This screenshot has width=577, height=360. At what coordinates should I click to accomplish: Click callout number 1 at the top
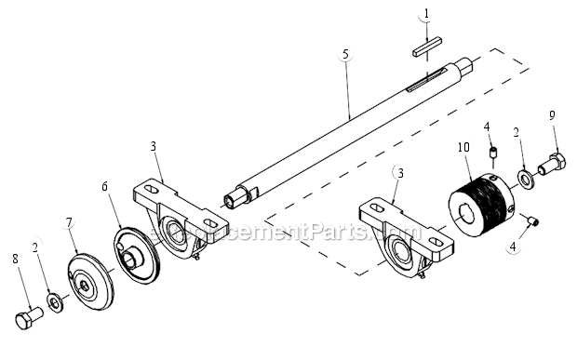[x=425, y=14]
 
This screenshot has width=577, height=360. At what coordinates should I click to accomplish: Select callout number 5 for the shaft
[x=345, y=54]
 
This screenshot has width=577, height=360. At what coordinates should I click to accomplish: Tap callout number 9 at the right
[x=552, y=114]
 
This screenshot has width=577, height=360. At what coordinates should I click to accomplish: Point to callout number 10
[x=463, y=147]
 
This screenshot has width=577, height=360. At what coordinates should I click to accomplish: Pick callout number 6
[x=106, y=185]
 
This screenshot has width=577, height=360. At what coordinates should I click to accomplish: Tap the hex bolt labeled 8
[x=29, y=318]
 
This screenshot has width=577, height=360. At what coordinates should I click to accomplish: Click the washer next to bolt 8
[x=55, y=302]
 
